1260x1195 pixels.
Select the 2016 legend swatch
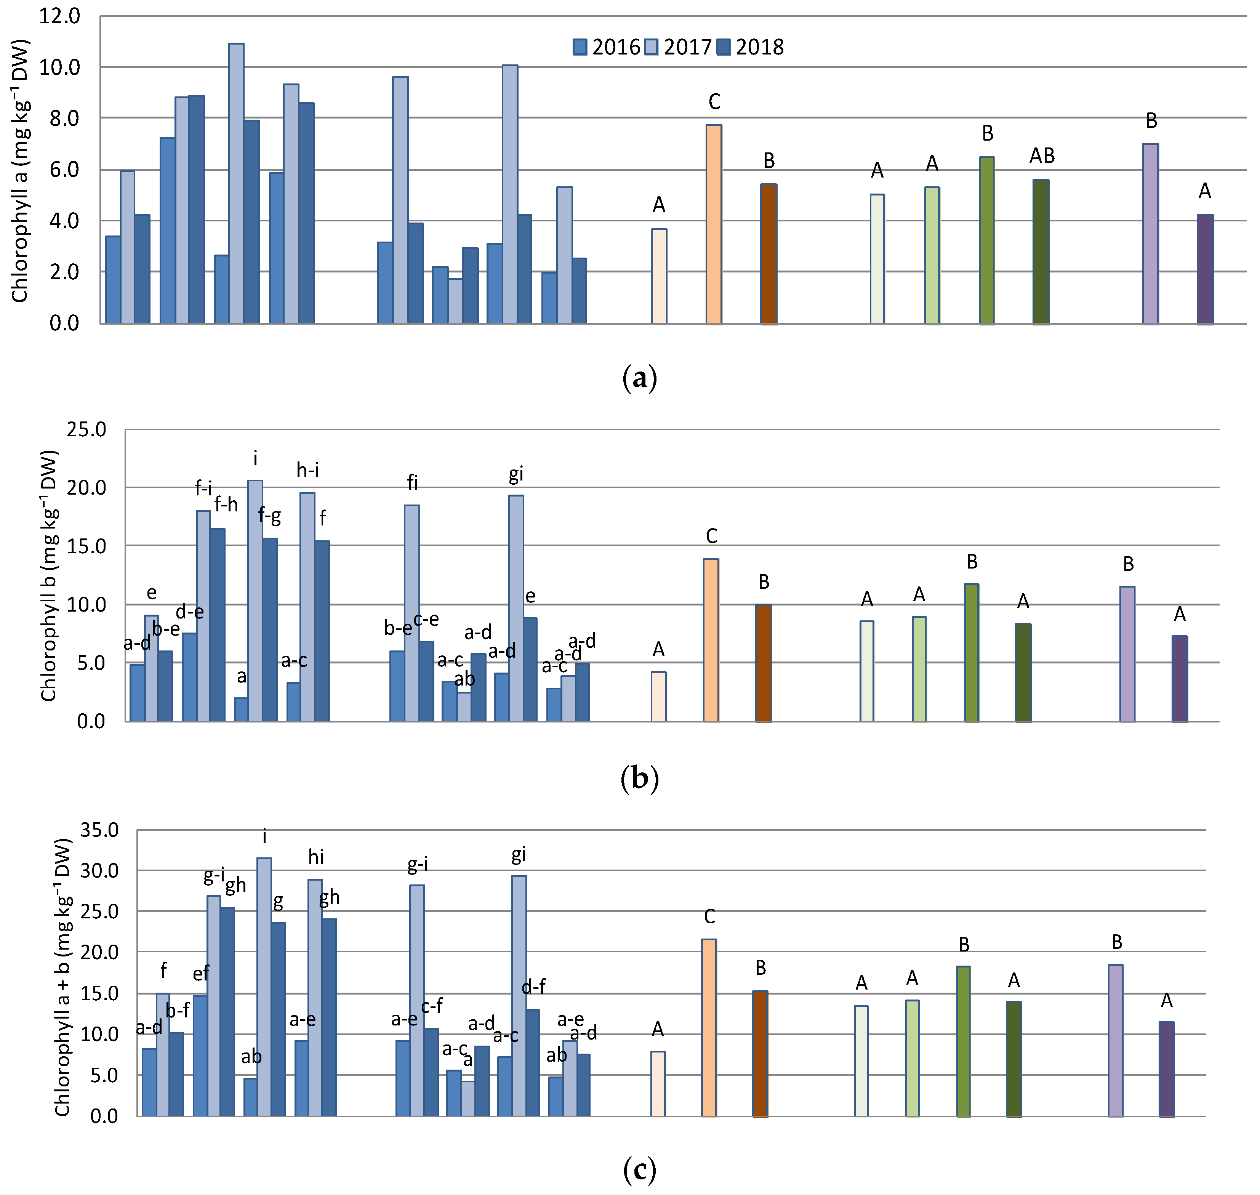pyautogui.click(x=580, y=47)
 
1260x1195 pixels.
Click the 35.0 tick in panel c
pyautogui.click(x=99, y=830)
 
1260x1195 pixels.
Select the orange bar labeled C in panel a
pyautogui.click(x=714, y=224)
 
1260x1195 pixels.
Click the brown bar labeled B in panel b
pyautogui.click(x=763, y=663)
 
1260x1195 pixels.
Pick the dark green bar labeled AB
pyautogui.click(x=1041, y=252)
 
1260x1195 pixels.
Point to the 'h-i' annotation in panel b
pyautogui.click(x=308, y=470)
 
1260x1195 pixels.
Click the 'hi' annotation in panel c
pyautogui.click(x=316, y=857)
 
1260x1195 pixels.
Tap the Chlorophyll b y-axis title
pyautogui.click(x=49, y=576)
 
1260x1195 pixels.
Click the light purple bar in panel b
pyautogui.click(x=1127, y=654)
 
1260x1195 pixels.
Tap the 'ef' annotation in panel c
pyautogui.click(x=201, y=974)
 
